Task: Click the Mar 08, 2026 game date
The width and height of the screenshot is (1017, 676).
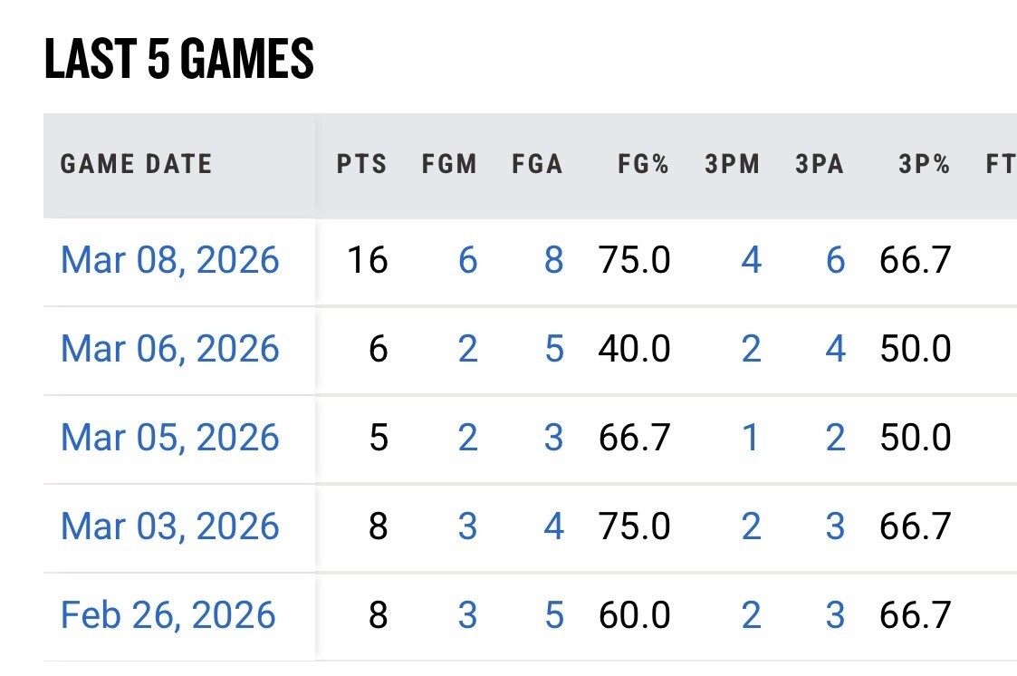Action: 170,260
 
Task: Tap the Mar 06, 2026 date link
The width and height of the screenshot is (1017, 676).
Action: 170,349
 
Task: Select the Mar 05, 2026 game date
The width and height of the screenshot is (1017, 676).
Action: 170,438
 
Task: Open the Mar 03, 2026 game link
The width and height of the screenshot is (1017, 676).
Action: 170,526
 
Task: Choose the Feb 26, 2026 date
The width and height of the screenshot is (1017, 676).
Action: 168,615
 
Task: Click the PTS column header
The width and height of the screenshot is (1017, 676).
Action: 361,164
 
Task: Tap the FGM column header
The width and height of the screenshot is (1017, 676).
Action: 449,164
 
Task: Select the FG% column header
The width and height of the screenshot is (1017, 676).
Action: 643,164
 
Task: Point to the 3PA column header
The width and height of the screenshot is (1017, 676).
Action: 820,164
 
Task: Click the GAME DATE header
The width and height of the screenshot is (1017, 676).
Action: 136,164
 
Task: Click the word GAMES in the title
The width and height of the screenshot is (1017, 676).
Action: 247,58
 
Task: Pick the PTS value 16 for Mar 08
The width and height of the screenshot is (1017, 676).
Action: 368,260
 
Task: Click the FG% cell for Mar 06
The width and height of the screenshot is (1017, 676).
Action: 634,349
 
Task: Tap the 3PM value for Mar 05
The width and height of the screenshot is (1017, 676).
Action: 751,438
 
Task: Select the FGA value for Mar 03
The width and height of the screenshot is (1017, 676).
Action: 554,526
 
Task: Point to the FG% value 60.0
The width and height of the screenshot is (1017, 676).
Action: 634,615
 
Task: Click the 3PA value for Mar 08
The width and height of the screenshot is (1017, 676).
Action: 835,260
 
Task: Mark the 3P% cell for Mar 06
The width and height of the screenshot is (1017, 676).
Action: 916,349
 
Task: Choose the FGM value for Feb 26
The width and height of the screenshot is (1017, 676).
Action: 467,615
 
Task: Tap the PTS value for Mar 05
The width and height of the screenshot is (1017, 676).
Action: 379,438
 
